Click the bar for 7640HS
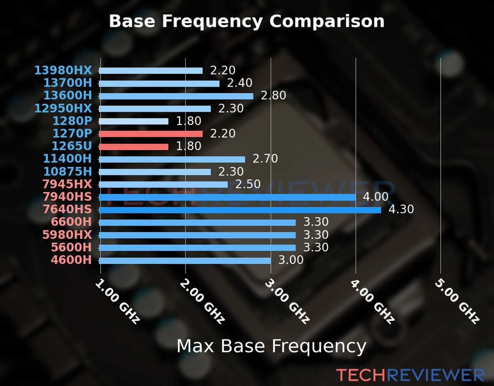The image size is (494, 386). (x=240, y=210)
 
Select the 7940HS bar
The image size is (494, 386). (x=227, y=197)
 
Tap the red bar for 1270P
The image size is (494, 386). (x=151, y=134)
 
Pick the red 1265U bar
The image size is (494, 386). (x=133, y=147)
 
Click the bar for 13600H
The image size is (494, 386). (x=176, y=96)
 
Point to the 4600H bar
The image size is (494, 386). (x=185, y=260)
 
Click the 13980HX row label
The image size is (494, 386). (x=63, y=70)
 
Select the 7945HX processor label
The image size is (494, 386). (x=67, y=184)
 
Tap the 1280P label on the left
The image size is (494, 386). (x=72, y=121)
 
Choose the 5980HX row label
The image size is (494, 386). (x=67, y=234)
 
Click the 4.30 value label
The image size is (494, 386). (x=401, y=209)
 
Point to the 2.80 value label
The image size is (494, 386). (x=273, y=96)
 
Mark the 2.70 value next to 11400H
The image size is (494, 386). (x=265, y=159)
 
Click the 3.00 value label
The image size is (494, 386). (x=291, y=260)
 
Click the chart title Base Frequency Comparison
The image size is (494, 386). (x=247, y=21)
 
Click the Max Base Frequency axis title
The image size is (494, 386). (x=271, y=346)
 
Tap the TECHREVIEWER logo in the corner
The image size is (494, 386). (x=410, y=375)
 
